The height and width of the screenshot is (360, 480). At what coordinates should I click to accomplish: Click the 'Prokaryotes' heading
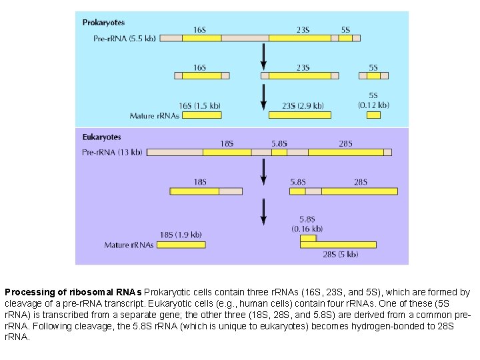click(x=103, y=23)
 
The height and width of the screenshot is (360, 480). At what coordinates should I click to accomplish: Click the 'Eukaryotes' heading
click(x=102, y=137)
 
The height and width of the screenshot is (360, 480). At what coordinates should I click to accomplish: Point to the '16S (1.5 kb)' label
click(x=200, y=105)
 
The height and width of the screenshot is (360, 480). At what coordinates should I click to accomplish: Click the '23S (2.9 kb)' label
click(x=303, y=105)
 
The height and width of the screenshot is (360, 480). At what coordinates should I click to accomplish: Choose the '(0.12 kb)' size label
click(x=373, y=105)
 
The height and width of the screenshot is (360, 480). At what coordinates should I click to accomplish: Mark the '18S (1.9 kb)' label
click(x=181, y=235)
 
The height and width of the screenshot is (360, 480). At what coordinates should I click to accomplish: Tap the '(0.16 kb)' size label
click(x=307, y=229)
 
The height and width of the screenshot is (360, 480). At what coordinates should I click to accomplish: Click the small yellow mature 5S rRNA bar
click(x=373, y=115)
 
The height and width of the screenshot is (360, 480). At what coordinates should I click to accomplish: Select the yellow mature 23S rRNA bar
click(x=299, y=115)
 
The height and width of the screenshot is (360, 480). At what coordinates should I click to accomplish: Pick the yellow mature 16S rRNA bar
click(x=201, y=115)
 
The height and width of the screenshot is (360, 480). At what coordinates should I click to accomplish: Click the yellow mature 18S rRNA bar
click(x=181, y=245)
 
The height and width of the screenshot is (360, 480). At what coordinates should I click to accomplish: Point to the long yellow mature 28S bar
click(x=338, y=245)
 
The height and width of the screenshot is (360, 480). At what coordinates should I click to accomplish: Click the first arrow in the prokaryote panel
click(x=264, y=56)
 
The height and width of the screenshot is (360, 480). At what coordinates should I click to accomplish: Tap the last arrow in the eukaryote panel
click(x=264, y=211)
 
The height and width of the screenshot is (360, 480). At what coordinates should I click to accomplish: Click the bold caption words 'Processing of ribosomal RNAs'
click(x=73, y=292)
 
